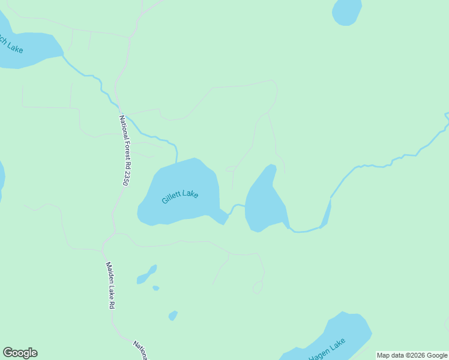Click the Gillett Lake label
180,196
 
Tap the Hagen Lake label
327,350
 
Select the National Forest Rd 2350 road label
124,150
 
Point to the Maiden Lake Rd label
110,285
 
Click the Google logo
20,353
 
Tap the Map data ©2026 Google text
412,355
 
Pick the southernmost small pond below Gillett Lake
173,315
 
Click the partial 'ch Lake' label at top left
12,46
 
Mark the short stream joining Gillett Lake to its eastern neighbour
236,207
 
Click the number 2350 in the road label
125,177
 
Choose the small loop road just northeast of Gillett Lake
231,169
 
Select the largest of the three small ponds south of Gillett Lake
146,275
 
